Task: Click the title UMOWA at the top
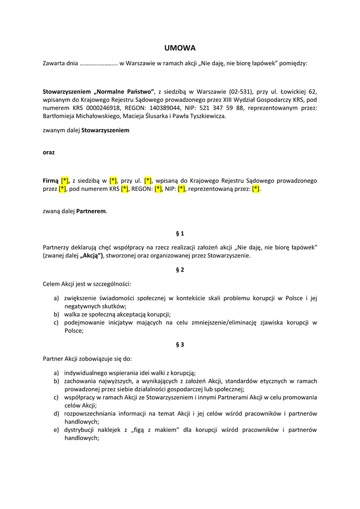click(180, 48)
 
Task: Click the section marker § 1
click(180, 233)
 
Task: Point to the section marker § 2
click(180, 270)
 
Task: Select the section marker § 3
click(180, 344)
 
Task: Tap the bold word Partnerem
click(91, 211)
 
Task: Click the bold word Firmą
click(51, 180)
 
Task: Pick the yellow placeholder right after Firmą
click(65, 180)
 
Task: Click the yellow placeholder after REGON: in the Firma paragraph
click(158, 189)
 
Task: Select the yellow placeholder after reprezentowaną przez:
click(256, 189)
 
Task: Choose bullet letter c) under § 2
click(57, 323)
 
